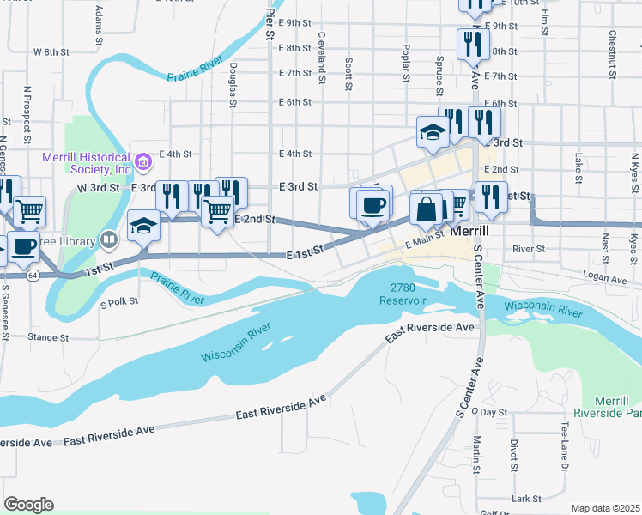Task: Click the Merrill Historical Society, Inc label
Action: [x=87, y=163]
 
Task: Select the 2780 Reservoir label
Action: [x=408, y=294]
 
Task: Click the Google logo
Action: [x=28, y=505]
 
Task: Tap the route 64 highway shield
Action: [x=32, y=276]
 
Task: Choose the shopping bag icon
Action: [x=427, y=209]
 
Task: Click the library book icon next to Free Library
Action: [x=108, y=239]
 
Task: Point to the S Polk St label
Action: [x=119, y=302]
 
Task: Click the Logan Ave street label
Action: [x=603, y=279]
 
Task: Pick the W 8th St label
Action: [x=51, y=51]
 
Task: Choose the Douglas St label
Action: [x=233, y=84]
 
